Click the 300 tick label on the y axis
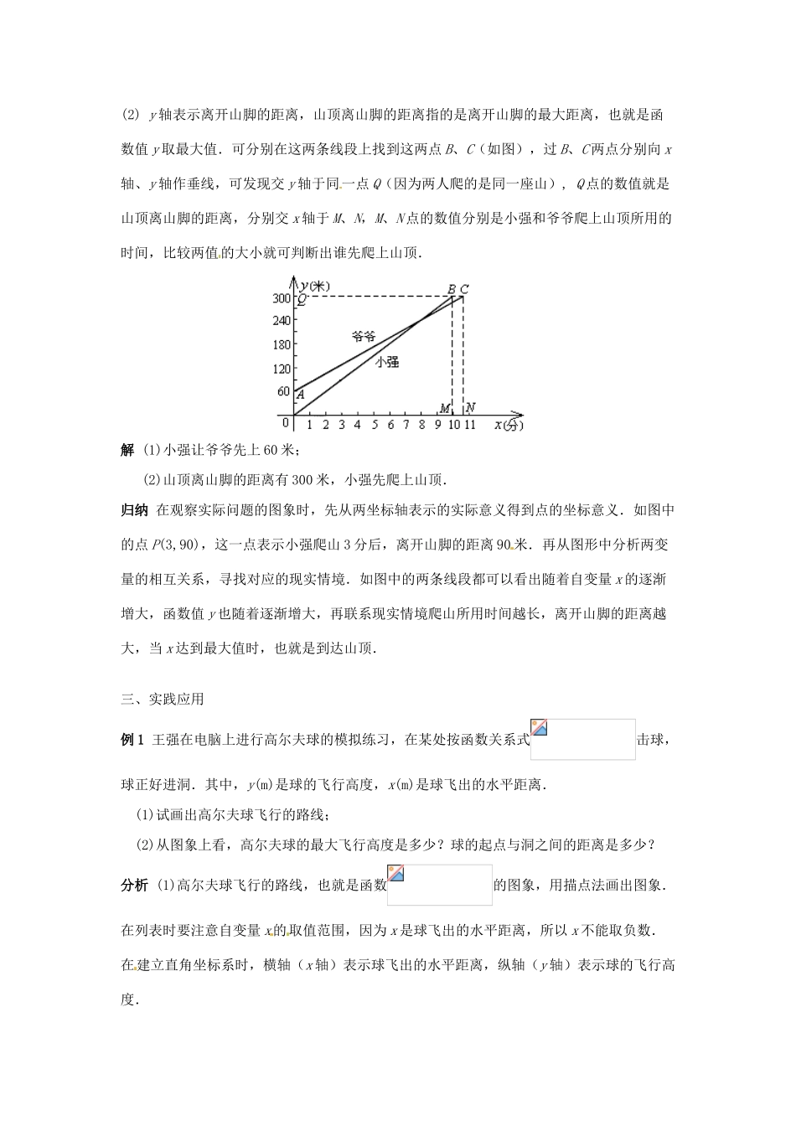[x=282, y=298]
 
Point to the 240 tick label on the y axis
[x=282, y=320]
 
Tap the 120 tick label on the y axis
[x=282, y=369]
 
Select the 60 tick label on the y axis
[x=283, y=392]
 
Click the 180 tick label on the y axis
[x=282, y=344]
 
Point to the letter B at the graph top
[x=451, y=290]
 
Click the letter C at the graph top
[x=464, y=290]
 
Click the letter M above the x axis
[x=444, y=409]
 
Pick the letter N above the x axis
[x=471, y=408]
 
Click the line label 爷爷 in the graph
[x=363, y=336]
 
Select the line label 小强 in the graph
[x=386, y=361]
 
